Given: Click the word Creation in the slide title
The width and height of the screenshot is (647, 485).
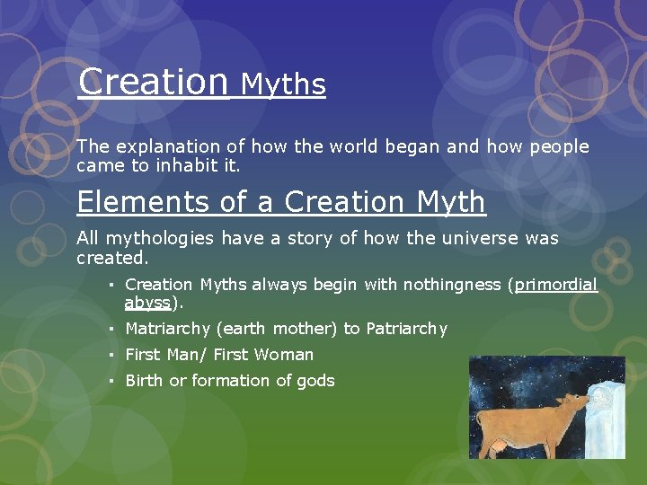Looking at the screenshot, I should pyautogui.click(x=153, y=82).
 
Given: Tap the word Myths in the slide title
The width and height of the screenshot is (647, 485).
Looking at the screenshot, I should pyautogui.click(x=283, y=84).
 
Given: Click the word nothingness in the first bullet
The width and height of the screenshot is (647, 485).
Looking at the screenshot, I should pyautogui.click(x=453, y=285).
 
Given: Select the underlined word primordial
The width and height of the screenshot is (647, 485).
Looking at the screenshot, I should pyautogui.click(x=555, y=285).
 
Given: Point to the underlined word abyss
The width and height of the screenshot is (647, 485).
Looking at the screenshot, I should pyautogui.click(x=148, y=303).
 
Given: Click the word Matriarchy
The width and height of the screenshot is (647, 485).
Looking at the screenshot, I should pyautogui.click(x=168, y=329).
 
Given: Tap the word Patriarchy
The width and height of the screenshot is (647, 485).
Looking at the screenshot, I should pyautogui.click(x=406, y=329).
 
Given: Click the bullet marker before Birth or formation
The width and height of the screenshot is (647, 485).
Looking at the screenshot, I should pyautogui.click(x=109, y=381).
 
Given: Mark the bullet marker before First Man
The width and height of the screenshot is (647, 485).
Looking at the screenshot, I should pyautogui.click(x=109, y=355).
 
